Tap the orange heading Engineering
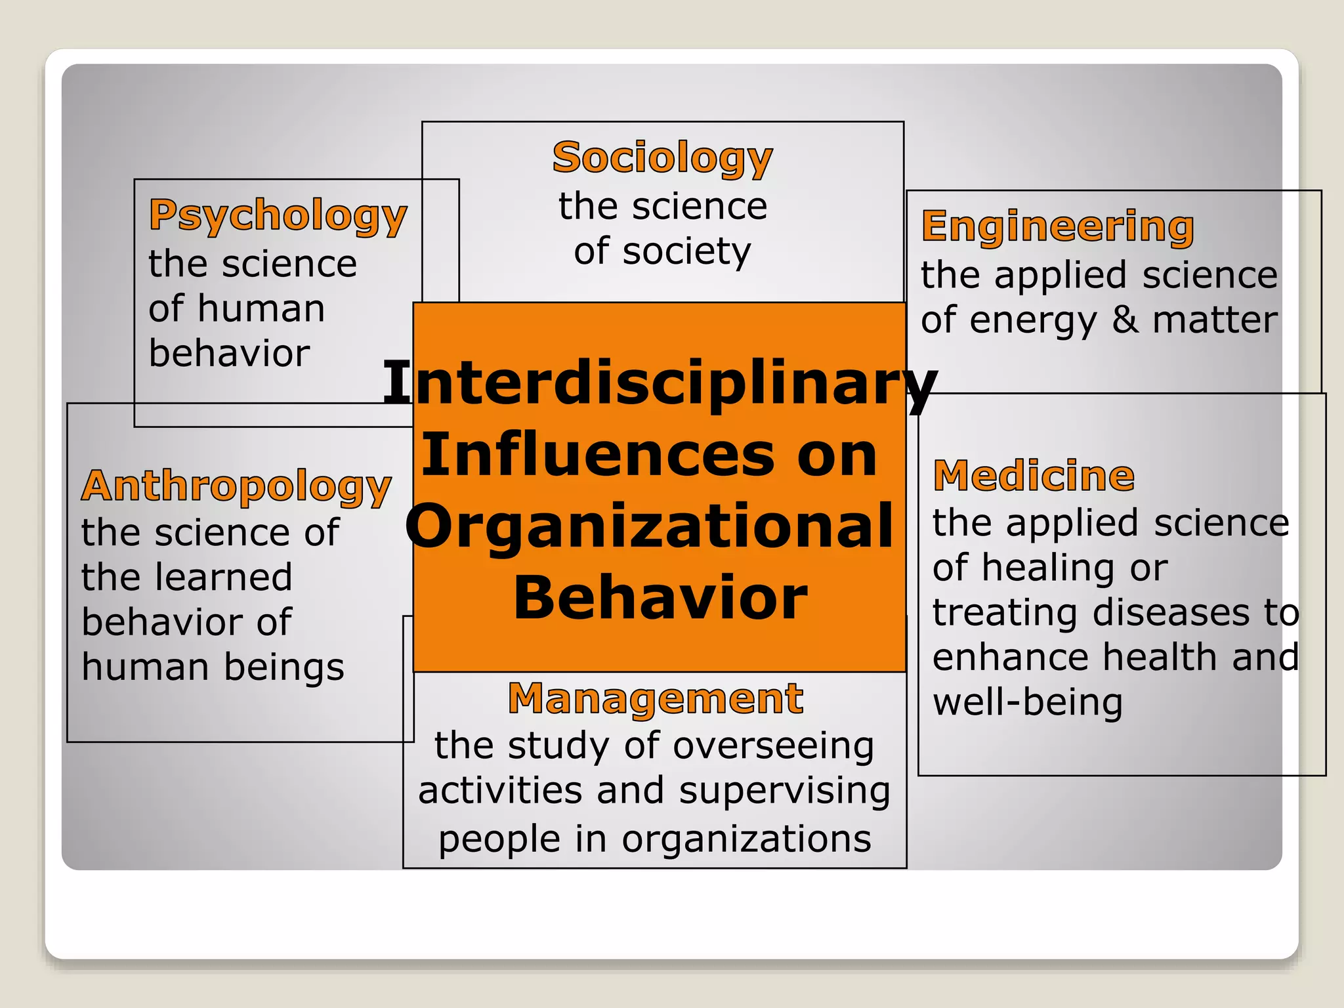tap(1057, 226)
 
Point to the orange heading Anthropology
tap(236, 486)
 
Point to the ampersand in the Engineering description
tap(1125, 320)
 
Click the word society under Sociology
tap(686, 251)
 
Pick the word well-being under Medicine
tap(1028, 702)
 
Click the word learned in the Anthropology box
tap(223, 577)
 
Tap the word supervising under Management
tap(784, 791)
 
